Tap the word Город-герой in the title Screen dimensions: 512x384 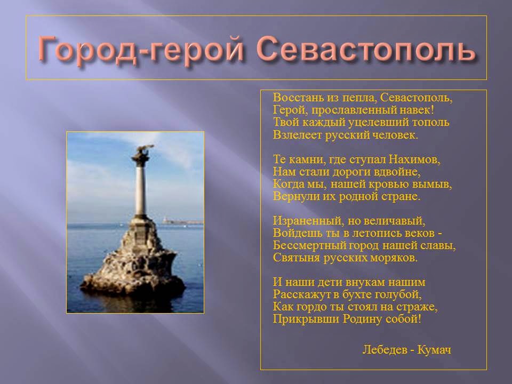pos(141,49)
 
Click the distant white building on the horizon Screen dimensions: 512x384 pos(169,220)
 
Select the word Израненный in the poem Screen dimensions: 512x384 pos(308,221)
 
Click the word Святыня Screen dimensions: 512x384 pos(297,258)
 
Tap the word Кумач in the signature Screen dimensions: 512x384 pos(434,350)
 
